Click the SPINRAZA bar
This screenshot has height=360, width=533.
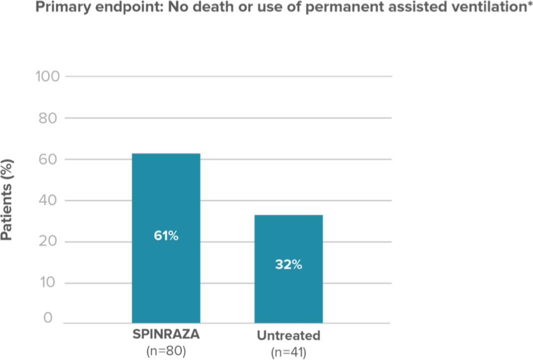click(x=166, y=199)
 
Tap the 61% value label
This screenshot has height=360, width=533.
click(x=166, y=236)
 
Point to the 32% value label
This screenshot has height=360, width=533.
click(x=288, y=265)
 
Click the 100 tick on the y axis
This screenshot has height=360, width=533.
click(x=48, y=77)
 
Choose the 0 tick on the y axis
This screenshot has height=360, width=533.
click(x=47, y=318)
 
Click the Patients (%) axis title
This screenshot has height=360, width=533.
click(x=8, y=199)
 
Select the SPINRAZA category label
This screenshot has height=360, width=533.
click(x=166, y=335)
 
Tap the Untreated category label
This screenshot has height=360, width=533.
click(x=288, y=336)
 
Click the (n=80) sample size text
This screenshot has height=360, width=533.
click(x=166, y=351)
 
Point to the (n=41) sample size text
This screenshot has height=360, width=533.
click(x=288, y=353)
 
